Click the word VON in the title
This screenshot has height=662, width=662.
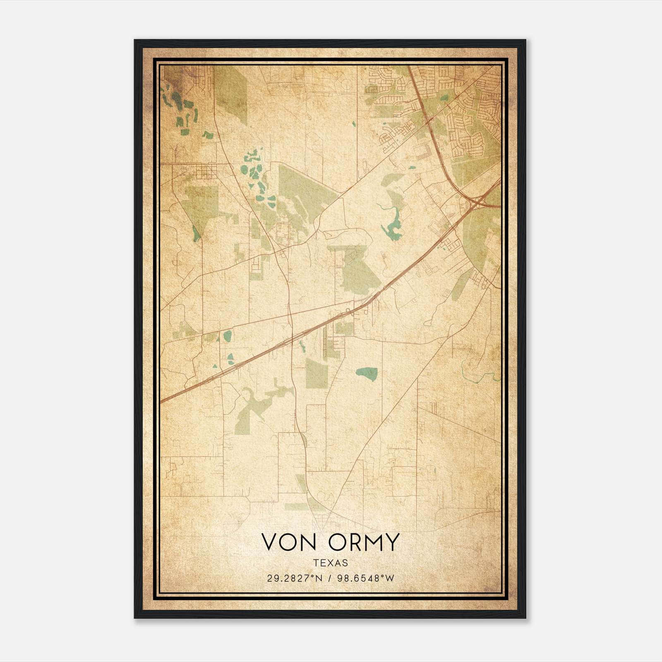pyautogui.click(x=289, y=542)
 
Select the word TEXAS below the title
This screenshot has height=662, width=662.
pyautogui.click(x=331, y=563)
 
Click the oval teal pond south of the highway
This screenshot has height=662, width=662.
pyautogui.click(x=367, y=374)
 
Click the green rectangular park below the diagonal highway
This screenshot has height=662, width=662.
pyautogui.click(x=317, y=373)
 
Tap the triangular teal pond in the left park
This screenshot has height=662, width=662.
pyautogui.click(x=196, y=234)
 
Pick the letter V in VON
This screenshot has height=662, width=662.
pyautogui.click(x=270, y=542)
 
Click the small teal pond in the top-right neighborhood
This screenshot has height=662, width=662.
pyautogui.click(x=444, y=98)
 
